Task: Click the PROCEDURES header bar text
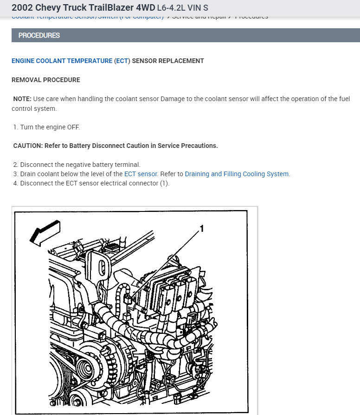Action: coord(39,35)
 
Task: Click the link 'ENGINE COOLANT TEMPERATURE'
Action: coord(62,61)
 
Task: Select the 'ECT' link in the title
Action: coord(122,61)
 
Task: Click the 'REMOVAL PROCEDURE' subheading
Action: coord(45,80)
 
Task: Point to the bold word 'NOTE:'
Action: coord(22,99)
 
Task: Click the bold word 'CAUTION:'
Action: coord(28,146)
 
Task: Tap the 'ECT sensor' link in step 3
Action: coord(141,174)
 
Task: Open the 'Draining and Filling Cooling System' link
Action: coord(237,174)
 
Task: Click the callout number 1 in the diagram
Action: coord(201,228)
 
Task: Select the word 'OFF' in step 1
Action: coord(73,127)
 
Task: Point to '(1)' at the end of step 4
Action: coord(165,183)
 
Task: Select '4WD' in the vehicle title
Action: coord(143,8)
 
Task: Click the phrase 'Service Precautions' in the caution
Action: coord(187,146)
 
